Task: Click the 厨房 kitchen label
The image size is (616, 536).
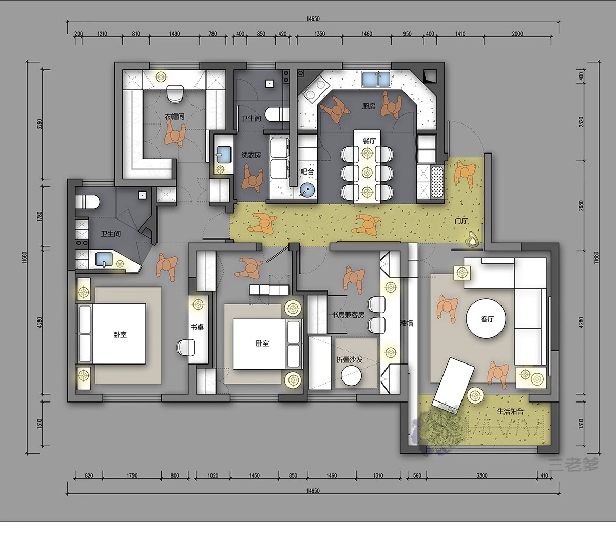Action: pos(369,106)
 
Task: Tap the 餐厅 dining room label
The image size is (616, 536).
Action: pos(369,141)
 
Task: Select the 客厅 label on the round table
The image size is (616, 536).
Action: pos(487,319)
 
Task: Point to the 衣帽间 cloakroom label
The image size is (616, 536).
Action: pos(175,117)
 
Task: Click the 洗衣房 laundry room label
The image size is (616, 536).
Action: pos(251,155)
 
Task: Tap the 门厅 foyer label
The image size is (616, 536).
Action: pos(461,221)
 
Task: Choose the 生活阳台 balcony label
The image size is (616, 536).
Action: pos(510,412)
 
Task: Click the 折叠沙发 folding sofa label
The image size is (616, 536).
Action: pos(349,359)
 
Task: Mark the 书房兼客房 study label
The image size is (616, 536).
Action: pos(348,315)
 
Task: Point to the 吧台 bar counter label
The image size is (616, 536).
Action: pos(307,172)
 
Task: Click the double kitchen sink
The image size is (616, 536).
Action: pos(376,79)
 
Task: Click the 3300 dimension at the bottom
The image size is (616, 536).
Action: pos(482,476)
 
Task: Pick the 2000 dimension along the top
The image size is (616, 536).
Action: pos(517,34)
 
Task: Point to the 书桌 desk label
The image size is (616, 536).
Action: pos(198,327)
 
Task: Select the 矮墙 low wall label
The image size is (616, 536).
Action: pos(407,323)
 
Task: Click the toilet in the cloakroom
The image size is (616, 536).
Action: pos(175,93)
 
